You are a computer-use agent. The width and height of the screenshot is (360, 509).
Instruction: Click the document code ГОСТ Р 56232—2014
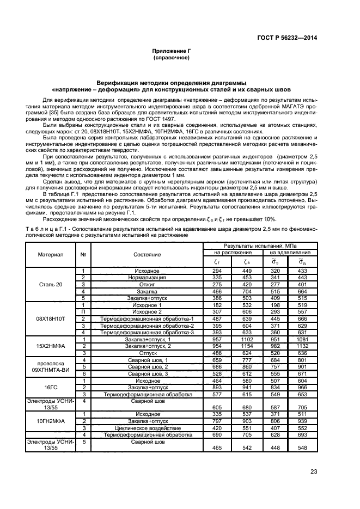(287, 38)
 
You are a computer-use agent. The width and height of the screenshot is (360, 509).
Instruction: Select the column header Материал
(51, 254)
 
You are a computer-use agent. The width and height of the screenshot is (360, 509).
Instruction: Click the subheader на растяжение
(233, 253)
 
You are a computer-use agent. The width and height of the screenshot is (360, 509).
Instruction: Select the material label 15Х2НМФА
(51, 346)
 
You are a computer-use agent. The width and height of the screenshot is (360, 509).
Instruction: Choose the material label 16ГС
(51, 387)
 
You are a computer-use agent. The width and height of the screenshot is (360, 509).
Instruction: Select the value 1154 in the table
(247, 346)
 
